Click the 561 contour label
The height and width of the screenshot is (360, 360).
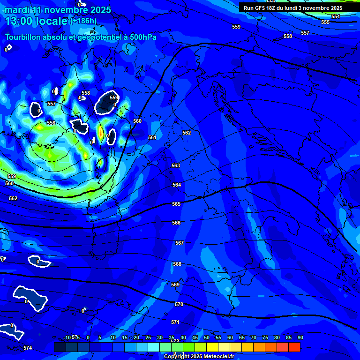pyautogui.click(x=152, y=137)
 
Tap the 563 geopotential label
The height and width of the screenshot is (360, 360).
pyautogui.click(x=176, y=165)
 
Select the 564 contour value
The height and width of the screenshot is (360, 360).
pyautogui.click(x=176, y=185)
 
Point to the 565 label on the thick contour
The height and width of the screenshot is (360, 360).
pyautogui.click(x=176, y=204)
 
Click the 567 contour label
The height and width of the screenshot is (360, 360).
pyautogui.click(x=179, y=243)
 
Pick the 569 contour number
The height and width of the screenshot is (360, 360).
pyautogui.click(x=175, y=285)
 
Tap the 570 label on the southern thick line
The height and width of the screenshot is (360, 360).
pyautogui.click(x=179, y=304)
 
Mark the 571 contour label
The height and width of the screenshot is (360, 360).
pyautogui.click(x=175, y=322)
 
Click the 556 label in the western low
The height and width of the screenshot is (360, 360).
pyautogui.click(x=51, y=123)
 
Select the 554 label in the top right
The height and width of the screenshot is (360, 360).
pyautogui.click(x=336, y=16)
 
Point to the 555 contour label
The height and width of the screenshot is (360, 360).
pyautogui.click(x=325, y=22)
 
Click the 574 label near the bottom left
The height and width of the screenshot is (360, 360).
pyautogui.click(x=28, y=348)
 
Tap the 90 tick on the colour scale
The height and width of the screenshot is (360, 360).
pyautogui.click(x=300, y=337)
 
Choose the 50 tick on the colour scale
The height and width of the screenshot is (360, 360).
pyautogui.click(x=207, y=337)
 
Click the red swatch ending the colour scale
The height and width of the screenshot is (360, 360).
pyautogui.click(x=294, y=347)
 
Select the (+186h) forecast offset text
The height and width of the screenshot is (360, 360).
pyautogui.click(x=83, y=21)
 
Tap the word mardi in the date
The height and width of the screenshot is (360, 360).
pyautogui.click(x=16, y=9)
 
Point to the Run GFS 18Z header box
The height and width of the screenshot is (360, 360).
pyautogui.click(x=292, y=8)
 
